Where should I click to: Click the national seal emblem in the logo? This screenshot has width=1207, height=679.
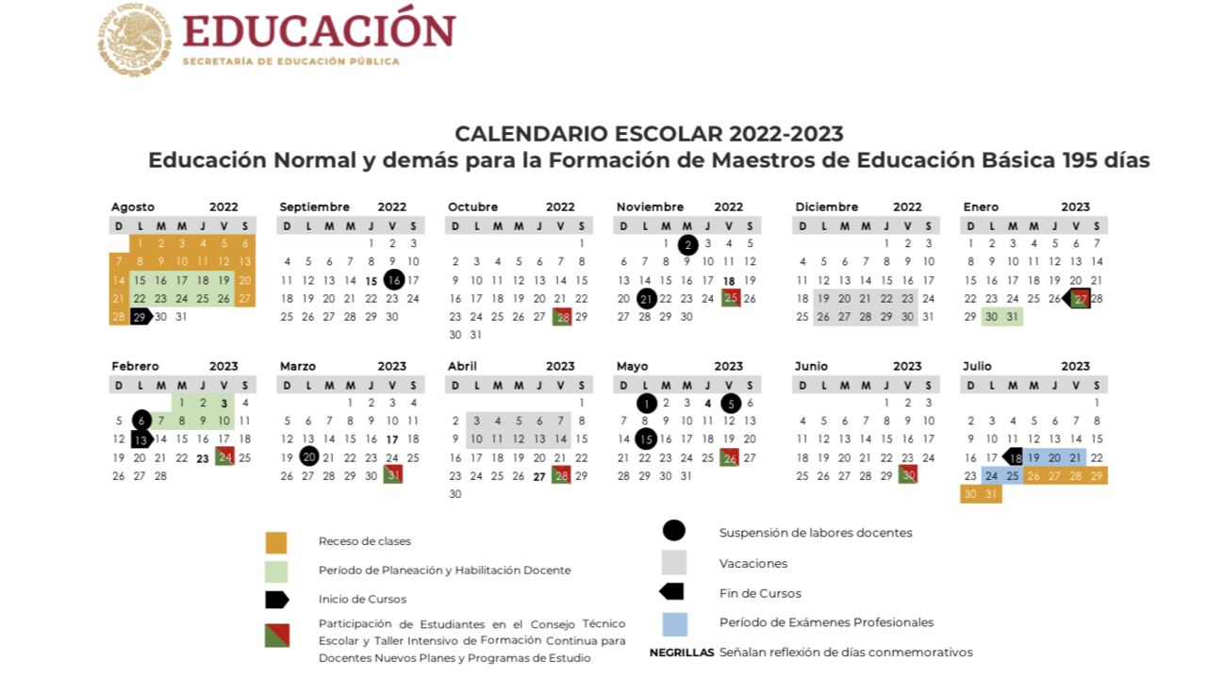click(134, 39)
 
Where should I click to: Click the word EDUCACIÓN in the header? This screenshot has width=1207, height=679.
click(319, 30)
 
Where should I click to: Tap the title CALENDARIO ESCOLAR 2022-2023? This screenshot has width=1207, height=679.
click(649, 134)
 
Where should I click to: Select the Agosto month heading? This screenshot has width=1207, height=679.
click(133, 207)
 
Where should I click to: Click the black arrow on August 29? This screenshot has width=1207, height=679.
click(141, 317)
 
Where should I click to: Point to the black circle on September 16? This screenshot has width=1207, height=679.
click(393, 280)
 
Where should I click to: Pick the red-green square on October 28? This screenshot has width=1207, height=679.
click(562, 317)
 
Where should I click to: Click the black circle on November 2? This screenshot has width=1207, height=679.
click(687, 244)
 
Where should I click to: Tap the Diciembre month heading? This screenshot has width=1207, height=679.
click(826, 207)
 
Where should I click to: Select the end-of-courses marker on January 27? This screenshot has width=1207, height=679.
click(1077, 299)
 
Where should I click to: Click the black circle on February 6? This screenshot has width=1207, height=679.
click(141, 421)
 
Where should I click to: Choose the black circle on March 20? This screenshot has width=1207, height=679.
click(308, 457)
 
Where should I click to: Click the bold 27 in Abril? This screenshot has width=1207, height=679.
click(538, 476)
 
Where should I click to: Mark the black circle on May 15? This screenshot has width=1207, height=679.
click(646, 439)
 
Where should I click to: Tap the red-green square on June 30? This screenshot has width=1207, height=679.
click(908, 475)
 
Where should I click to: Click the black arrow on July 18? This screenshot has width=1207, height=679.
click(1014, 457)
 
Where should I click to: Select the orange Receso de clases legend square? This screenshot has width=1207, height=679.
click(276, 541)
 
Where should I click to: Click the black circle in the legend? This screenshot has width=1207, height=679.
click(674, 532)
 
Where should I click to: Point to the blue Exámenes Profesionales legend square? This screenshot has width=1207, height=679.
click(674, 623)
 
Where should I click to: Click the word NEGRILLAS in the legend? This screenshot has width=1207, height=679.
click(682, 653)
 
